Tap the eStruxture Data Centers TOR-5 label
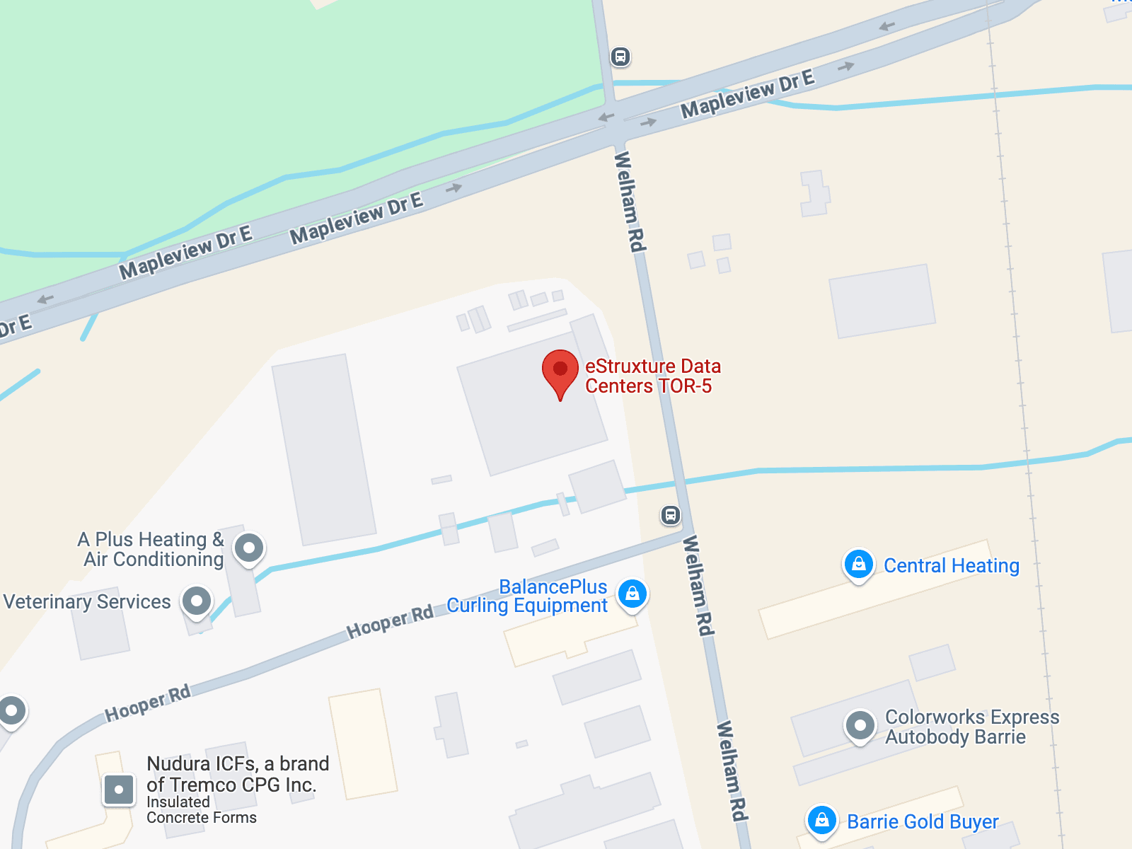point(652,376)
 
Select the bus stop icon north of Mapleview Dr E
point(620,57)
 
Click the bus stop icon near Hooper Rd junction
point(671,515)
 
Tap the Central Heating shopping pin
point(858,565)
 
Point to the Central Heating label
point(951,566)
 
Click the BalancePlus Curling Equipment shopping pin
point(633,594)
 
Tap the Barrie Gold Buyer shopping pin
point(821,821)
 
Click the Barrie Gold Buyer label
point(923,822)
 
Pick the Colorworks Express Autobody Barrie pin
point(860,726)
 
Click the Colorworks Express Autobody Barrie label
point(971,727)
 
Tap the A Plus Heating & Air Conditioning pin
point(249,548)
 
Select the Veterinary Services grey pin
point(197,602)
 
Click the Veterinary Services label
point(87,602)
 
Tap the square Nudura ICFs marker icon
point(119,790)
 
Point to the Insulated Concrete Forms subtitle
point(201,810)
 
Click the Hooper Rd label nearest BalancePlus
point(390,623)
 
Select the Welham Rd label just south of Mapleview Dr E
point(630,202)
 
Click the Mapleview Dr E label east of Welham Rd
point(747,93)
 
